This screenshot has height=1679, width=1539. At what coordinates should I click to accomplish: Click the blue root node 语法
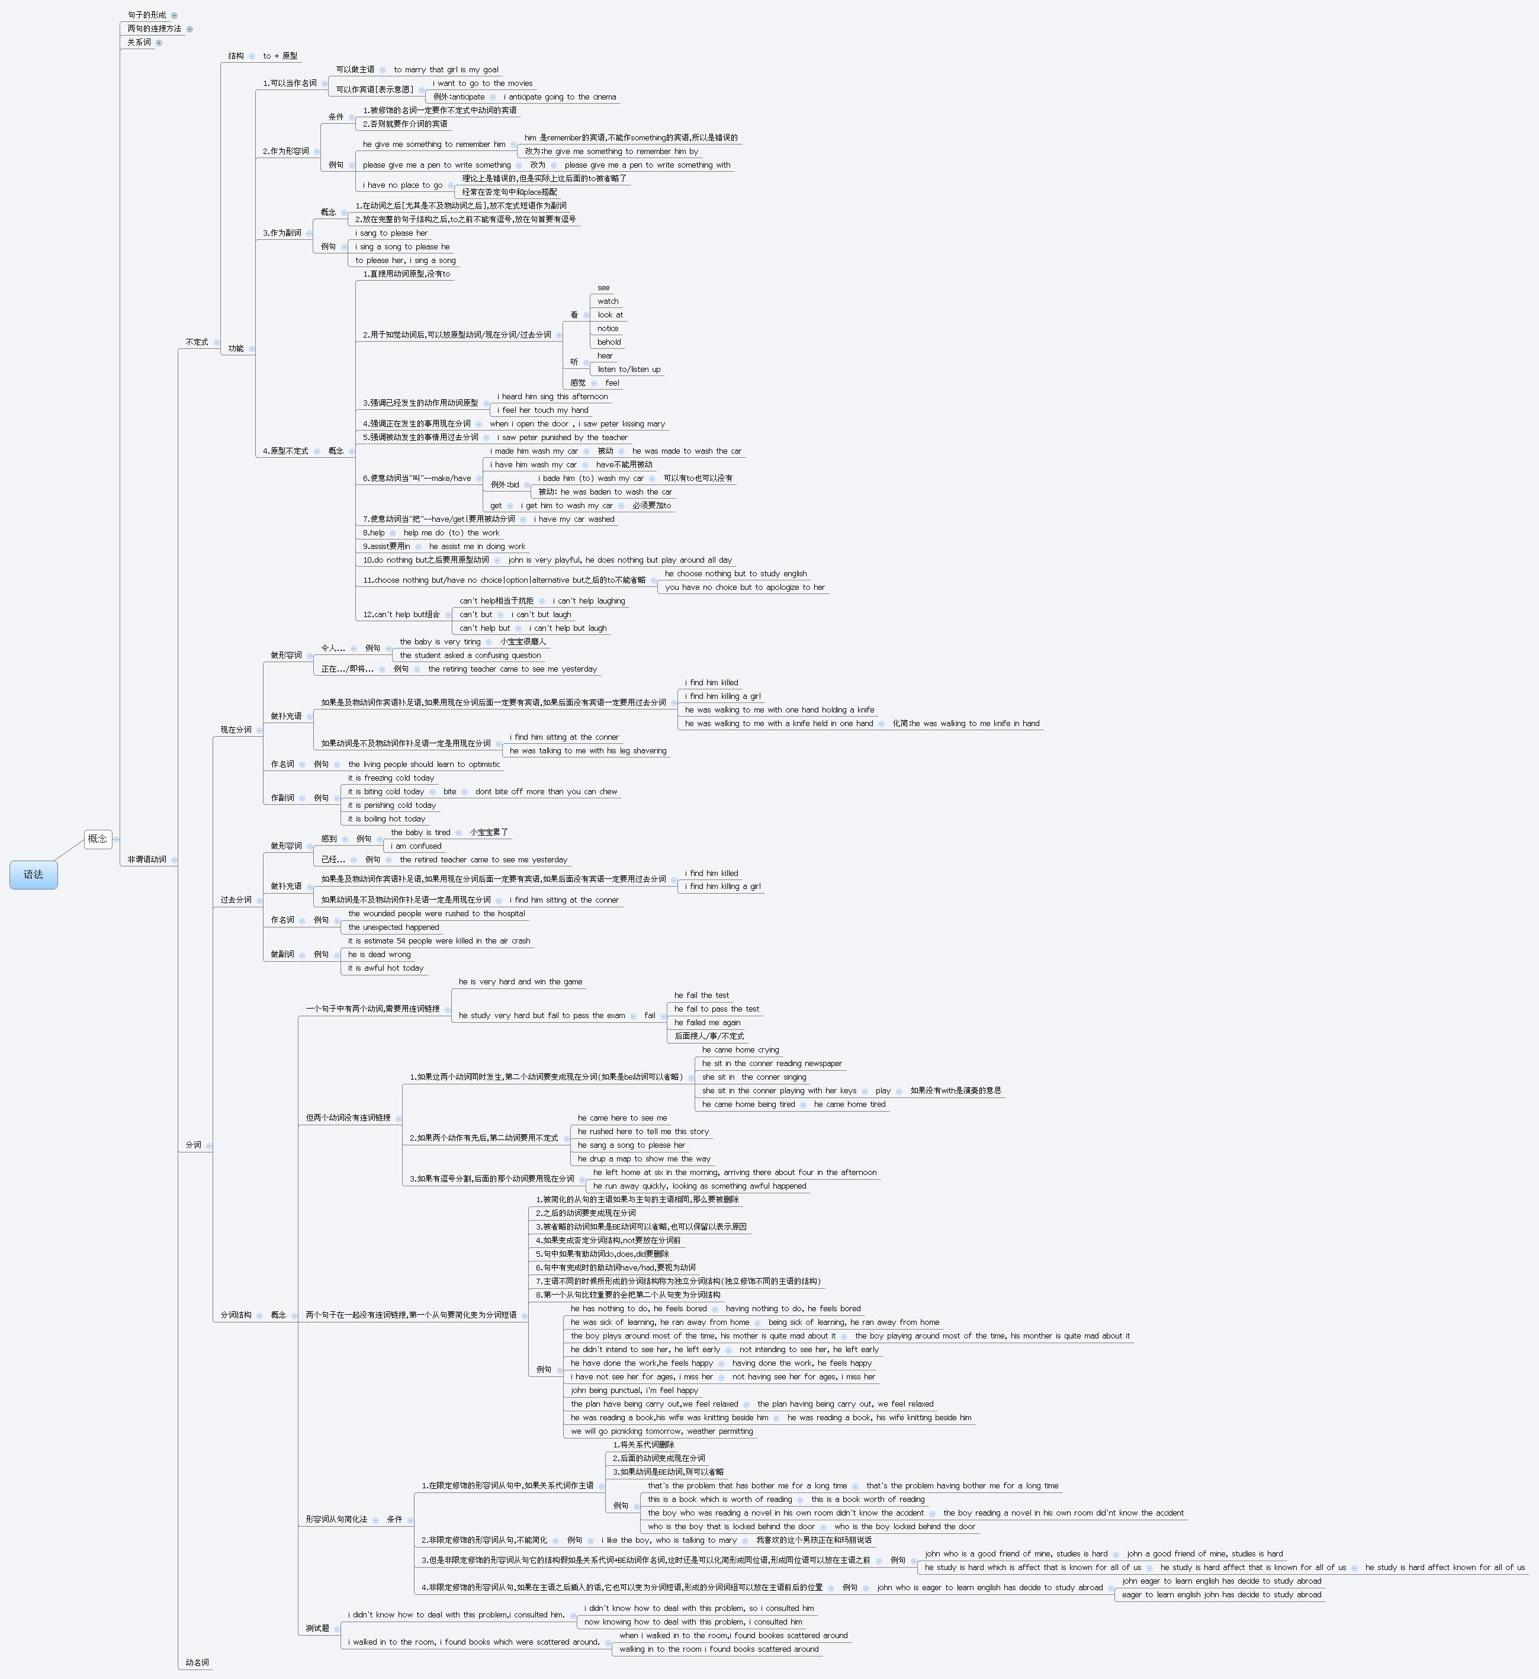(x=33, y=875)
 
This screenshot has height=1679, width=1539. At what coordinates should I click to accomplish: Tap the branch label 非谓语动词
(x=147, y=859)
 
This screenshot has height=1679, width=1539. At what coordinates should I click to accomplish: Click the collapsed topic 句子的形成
(x=147, y=15)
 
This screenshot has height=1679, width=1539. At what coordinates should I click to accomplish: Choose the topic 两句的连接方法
(x=154, y=29)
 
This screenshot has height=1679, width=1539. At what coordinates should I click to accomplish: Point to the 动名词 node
(x=197, y=1662)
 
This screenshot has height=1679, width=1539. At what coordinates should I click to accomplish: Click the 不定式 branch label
(x=197, y=342)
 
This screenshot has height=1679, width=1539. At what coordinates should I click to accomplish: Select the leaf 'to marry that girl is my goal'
(x=445, y=70)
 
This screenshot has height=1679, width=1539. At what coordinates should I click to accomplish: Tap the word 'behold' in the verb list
(x=609, y=342)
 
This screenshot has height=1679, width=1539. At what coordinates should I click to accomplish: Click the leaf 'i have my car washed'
(x=574, y=520)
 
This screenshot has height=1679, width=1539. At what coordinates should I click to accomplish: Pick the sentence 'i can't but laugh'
(x=541, y=615)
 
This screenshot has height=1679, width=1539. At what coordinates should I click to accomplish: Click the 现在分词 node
(x=236, y=730)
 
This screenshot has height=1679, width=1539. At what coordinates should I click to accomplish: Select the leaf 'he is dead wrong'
(x=379, y=955)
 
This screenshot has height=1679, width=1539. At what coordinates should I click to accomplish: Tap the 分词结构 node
(x=236, y=1315)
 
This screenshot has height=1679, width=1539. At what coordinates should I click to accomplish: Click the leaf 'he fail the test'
(x=701, y=995)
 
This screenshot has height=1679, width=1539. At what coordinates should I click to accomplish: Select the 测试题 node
(x=317, y=1628)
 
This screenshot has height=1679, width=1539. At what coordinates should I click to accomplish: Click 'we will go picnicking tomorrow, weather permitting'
(x=661, y=1431)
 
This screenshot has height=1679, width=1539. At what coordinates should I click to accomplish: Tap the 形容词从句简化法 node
(x=336, y=1519)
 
